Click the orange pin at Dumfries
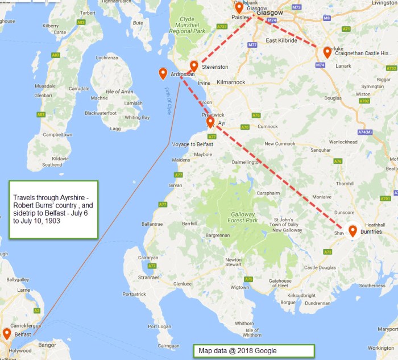tap(353, 230)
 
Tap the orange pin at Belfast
tap(7, 333)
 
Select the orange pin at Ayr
tap(210, 121)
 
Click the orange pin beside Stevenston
tap(194, 65)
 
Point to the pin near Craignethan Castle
tap(327, 52)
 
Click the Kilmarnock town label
tap(231, 82)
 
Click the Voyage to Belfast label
tap(193, 144)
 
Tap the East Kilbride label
tap(280, 41)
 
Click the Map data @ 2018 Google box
tap(254, 351)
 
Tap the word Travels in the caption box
tap(23, 197)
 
